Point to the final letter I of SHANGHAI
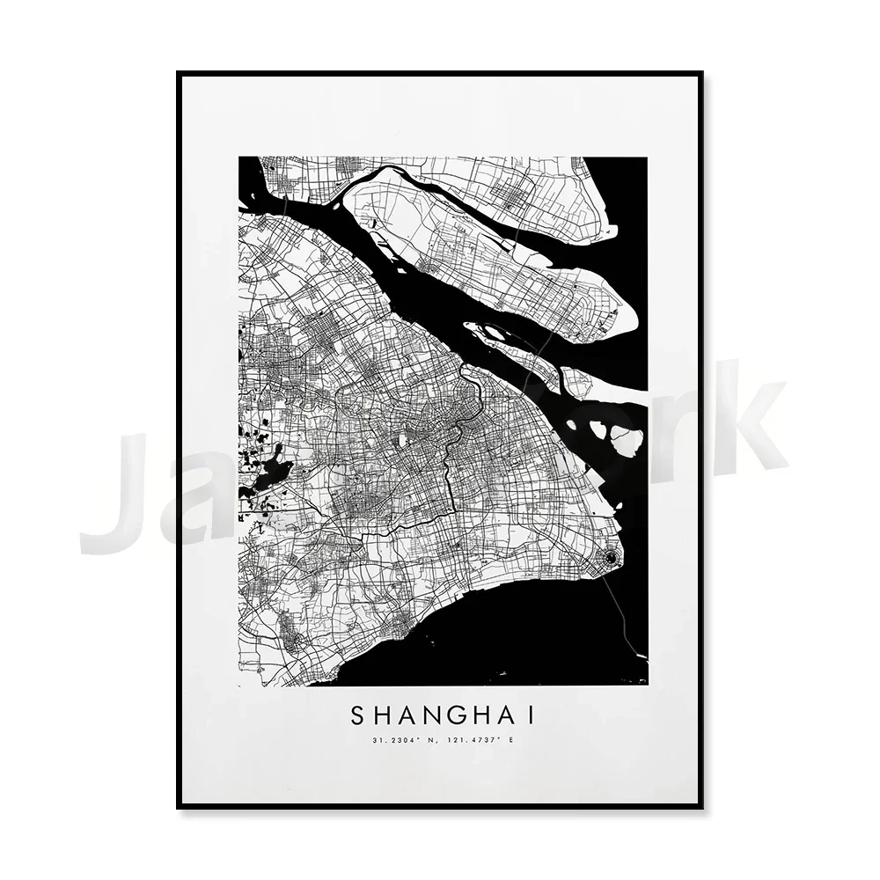530,715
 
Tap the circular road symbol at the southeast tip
608,556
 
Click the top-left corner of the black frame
179,72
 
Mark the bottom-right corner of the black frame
702,808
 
